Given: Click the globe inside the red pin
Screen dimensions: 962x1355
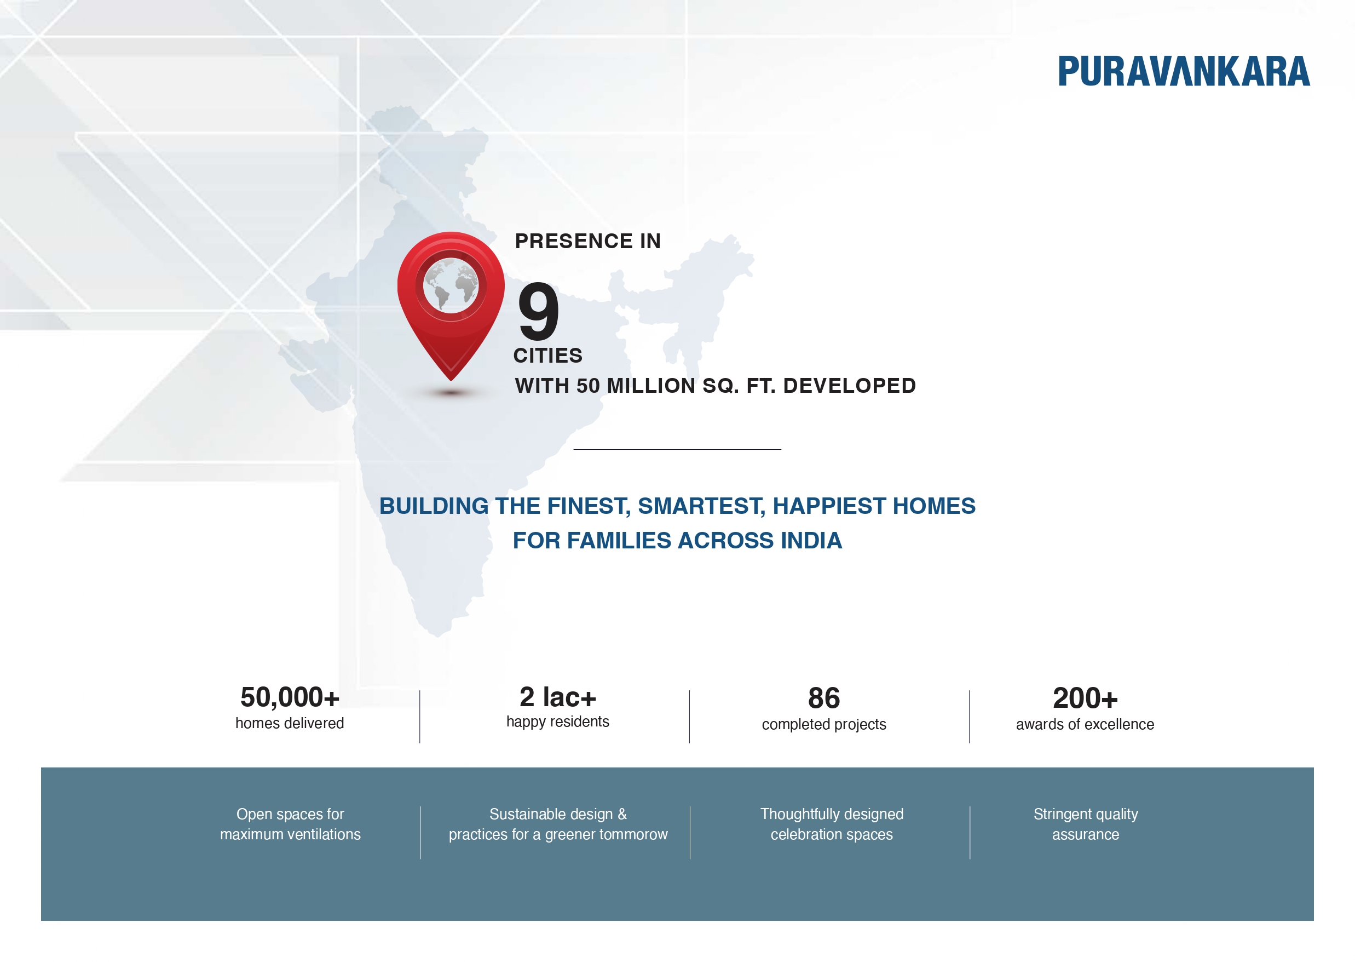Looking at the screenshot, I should pos(451,285).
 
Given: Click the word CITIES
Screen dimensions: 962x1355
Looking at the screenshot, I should pos(547,356).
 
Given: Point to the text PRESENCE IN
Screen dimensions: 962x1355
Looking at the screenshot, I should pos(587,241).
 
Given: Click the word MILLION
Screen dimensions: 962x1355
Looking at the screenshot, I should pos(650,386).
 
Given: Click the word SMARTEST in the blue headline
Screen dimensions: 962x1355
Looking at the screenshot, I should pos(701,506).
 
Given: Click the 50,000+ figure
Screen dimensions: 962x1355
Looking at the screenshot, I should pos(290,697).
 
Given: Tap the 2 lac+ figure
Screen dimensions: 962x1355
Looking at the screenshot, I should pos(558,697).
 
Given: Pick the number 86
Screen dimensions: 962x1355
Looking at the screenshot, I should pos(823,698).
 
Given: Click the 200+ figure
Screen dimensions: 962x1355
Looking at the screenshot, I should pos(1085,698).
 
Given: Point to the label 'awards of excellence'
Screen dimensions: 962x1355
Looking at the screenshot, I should pos(1085,724).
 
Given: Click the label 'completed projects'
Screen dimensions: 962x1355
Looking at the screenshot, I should pos(823,724).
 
